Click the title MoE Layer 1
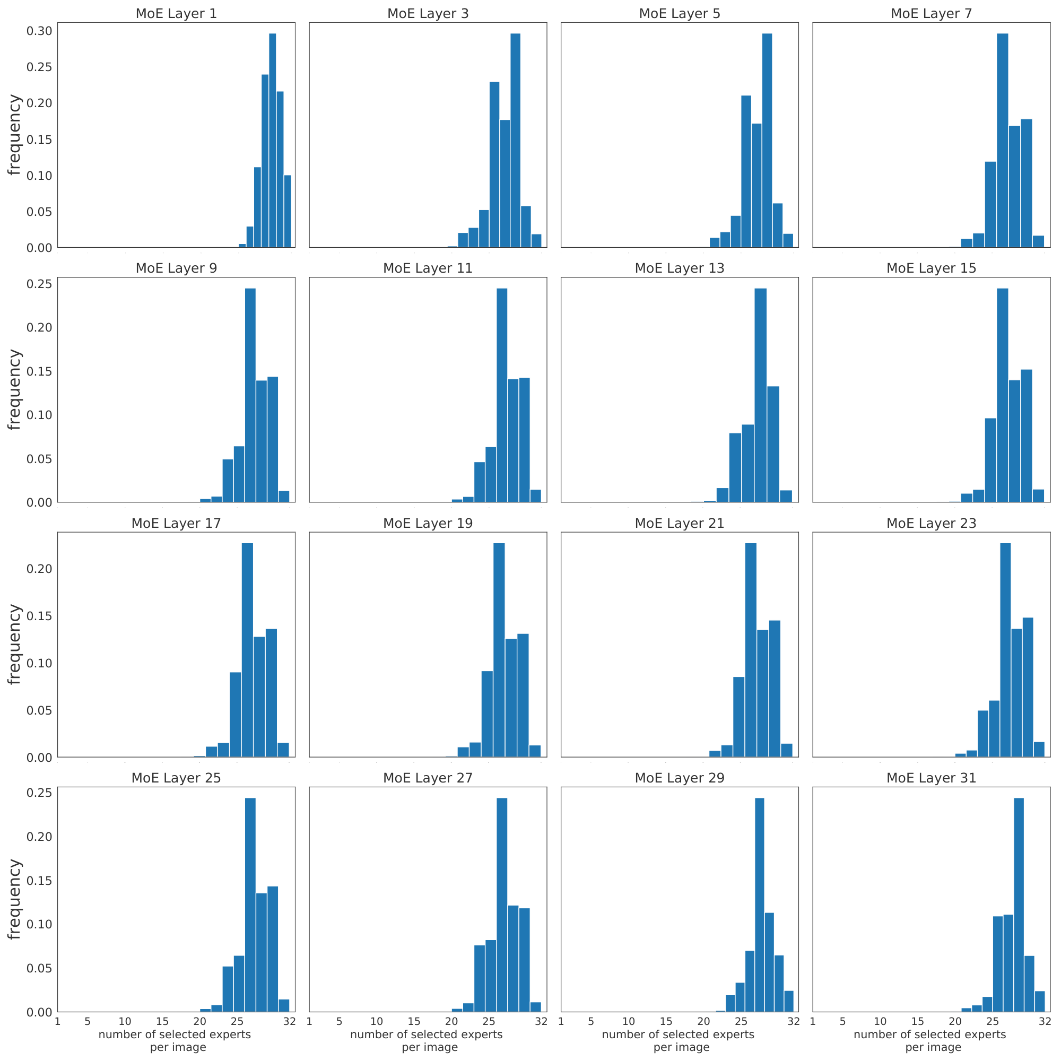coord(176,14)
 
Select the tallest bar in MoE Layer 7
coord(1002,140)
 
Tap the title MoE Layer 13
coord(680,268)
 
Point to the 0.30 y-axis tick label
coord(40,31)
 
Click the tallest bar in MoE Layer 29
coord(760,905)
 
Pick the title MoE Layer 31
coord(932,778)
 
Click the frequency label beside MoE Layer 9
coord(15,389)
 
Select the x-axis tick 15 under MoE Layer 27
coord(414,1021)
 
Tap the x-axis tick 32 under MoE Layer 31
coord(1044,1021)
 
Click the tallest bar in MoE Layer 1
coord(272,140)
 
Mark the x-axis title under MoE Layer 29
coord(681,1041)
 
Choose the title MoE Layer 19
coord(428,523)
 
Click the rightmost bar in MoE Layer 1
coord(287,211)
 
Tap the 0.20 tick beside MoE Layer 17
coord(40,568)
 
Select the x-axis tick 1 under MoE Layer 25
coord(57,1021)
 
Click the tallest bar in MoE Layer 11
coord(501,395)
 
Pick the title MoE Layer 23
coord(932,523)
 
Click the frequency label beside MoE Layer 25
coord(15,899)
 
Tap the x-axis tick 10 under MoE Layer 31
coord(880,1021)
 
